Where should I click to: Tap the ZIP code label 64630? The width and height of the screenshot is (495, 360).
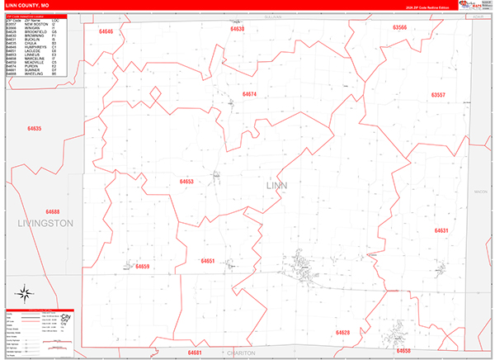pyautogui.click(x=237, y=29)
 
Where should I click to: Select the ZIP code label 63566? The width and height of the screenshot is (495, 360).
pyautogui.click(x=399, y=27)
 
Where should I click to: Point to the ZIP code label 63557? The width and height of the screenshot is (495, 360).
pyautogui.click(x=438, y=96)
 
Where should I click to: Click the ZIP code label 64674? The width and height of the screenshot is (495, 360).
pyautogui.click(x=250, y=94)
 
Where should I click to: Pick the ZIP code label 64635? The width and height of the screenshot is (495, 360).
pyautogui.click(x=34, y=129)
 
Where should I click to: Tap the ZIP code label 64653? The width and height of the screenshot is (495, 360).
pyautogui.click(x=186, y=181)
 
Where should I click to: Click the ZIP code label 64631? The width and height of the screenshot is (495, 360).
pyautogui.click(x=441, y=230)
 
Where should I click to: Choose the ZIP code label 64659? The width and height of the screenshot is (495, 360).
pyautogui.click(x=142, y=267)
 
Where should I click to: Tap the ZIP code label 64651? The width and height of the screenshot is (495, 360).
pyautogui.click(x=207, y=261)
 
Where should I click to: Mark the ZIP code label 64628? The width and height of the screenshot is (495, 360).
pyautogui.click(x=342, y=332)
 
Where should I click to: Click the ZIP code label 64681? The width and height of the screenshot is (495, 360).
pyautogui.click(x=195, y=352)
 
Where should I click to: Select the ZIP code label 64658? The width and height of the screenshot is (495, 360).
pyautogui.click(x=403, y=351)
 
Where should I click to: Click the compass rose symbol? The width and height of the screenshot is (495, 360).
pyautogui.click(x=25, y=291)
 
